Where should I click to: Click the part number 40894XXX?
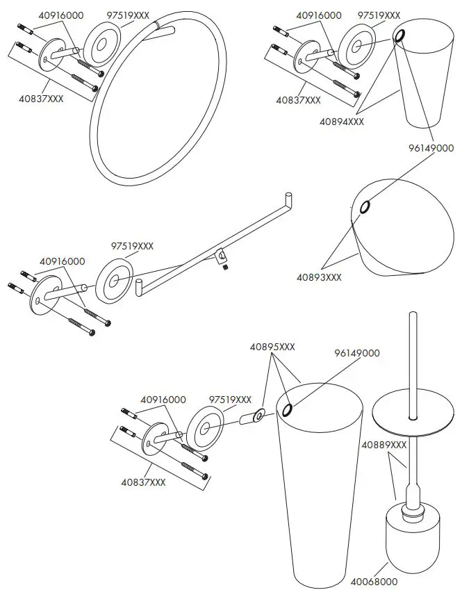[x=341, y=121]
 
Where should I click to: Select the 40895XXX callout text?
[x=272, y=347]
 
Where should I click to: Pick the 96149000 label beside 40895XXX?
[x=357, y=353]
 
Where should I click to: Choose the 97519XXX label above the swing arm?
[x=132, y=246]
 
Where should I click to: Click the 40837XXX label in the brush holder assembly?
[x=143, y=482]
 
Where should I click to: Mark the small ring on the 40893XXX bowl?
[x=365, y=207]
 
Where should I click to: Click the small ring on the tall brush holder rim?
[x=287, y=409]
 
